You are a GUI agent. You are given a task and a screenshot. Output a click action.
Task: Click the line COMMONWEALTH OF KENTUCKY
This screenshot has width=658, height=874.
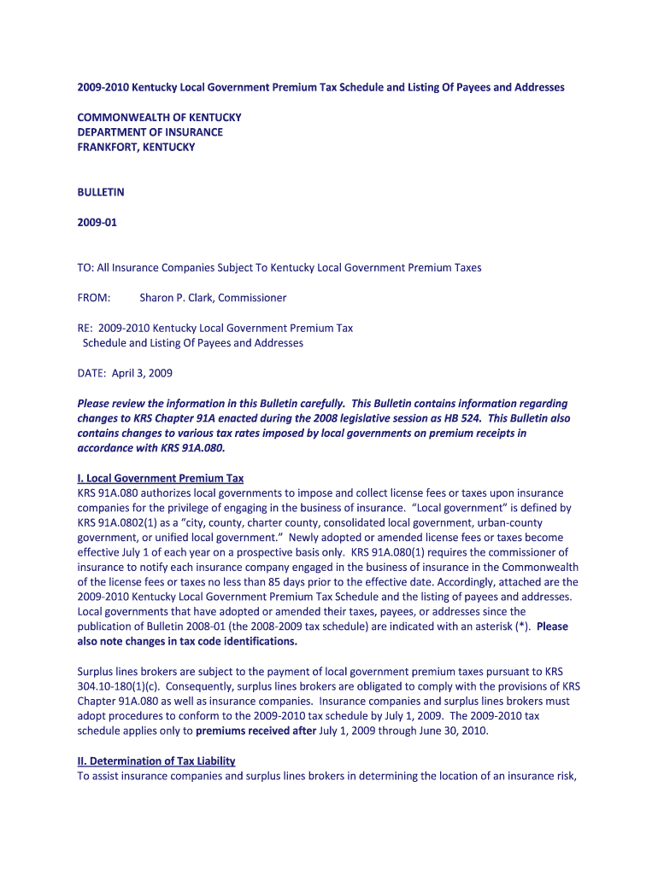pyautogui.click(x=160, y=117)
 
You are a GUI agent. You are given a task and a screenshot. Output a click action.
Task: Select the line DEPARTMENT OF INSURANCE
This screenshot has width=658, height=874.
pyautogui.click(x=150, y=132)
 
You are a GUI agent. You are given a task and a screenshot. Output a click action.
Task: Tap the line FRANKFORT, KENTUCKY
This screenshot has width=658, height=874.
pyautogui.click(x=137, y=147)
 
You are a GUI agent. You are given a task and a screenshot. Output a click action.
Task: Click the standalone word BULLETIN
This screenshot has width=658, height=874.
pyautogui.click(x=101, y=192)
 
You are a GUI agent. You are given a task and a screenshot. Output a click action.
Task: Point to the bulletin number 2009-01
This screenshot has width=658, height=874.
pyautogui.click(x=97, y=223)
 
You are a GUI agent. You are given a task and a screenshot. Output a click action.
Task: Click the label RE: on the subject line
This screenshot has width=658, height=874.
pyautogui.click(x=85, y=328)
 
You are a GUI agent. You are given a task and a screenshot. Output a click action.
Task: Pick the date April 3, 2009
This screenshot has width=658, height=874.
pyautogui.click(x=141, y=373)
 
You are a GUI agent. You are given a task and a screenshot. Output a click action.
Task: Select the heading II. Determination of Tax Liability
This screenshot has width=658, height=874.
pyautogui.click(x=156, y=760)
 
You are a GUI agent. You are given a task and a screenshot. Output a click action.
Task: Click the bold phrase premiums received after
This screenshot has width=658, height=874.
pyautogui.click(x=256, y=731)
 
